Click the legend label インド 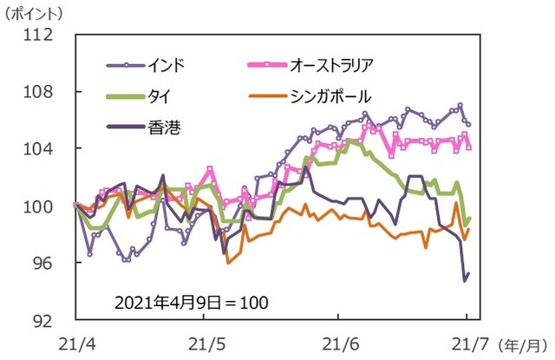tap(166, 65)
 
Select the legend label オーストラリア tap(330, 65)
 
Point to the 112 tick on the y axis tap(42, 35)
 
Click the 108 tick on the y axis tap(42, 92)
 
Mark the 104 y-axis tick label tap(42, 149)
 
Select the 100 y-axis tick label tap(42, 206)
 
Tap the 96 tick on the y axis tap(47, 263)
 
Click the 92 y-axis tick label tap(47, 320)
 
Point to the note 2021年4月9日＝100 tap(192, 303)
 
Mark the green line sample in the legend tap(127, 95)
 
